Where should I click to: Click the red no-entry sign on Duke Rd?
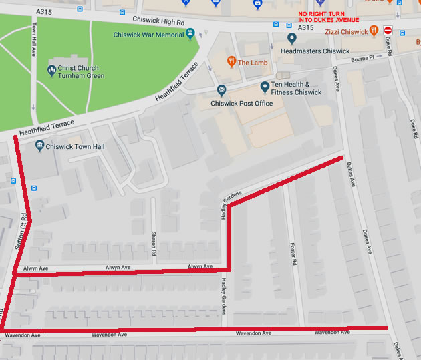point(388,30)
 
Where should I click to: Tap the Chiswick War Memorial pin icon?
point(191,33)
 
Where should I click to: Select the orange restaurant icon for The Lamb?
point(231,62)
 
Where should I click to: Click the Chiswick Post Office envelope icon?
point(221,91)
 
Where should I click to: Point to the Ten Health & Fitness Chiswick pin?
point(265,85)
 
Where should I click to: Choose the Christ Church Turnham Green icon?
point(52,69)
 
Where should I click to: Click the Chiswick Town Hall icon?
point(39,146)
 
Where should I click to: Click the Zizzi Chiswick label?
point(346,31)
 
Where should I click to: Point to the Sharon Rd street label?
point(153,244)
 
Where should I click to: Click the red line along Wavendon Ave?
point(200,329)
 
